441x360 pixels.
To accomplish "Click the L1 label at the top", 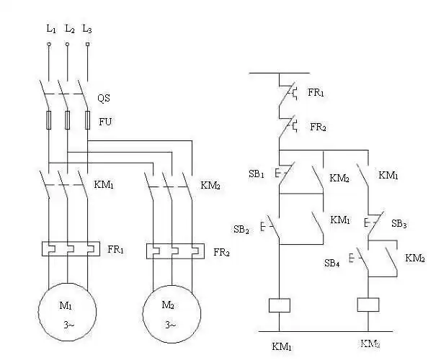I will pos(50,30).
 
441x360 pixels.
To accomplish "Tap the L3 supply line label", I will pos(87,30).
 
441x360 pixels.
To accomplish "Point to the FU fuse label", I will pos(104,121).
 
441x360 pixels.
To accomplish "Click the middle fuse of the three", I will pos(68,120).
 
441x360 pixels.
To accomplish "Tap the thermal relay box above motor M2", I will pos(174,251).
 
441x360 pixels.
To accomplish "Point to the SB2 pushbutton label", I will pos(241,230).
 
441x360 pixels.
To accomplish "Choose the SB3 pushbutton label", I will pos(398,224).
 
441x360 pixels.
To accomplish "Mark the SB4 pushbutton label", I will pos(332,263).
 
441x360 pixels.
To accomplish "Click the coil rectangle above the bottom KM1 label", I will pos(279,305).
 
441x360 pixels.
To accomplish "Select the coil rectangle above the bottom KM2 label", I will pos(369,305).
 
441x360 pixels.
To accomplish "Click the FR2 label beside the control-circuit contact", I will pos(318,127).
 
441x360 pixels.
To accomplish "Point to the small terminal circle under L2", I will pos(68,44).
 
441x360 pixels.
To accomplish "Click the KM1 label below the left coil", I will pos(282,347).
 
